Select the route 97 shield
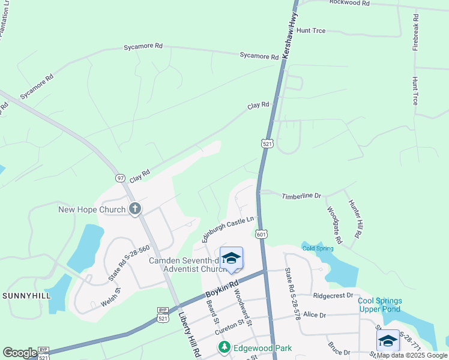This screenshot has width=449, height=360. pos(121,178)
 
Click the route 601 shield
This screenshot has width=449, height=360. pos(261,233)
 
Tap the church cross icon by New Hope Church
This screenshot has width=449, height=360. pos(135,209)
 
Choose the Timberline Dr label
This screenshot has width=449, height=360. pos(302,196)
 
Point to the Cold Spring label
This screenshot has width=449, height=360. pos(317,248)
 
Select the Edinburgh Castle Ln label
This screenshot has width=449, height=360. pos(228,229)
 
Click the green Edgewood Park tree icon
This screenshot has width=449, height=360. pos(224,347)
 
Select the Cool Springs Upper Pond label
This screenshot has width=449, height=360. pos(381,305)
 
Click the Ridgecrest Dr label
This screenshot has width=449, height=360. pos(333,296)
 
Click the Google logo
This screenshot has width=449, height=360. pos(20,353)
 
